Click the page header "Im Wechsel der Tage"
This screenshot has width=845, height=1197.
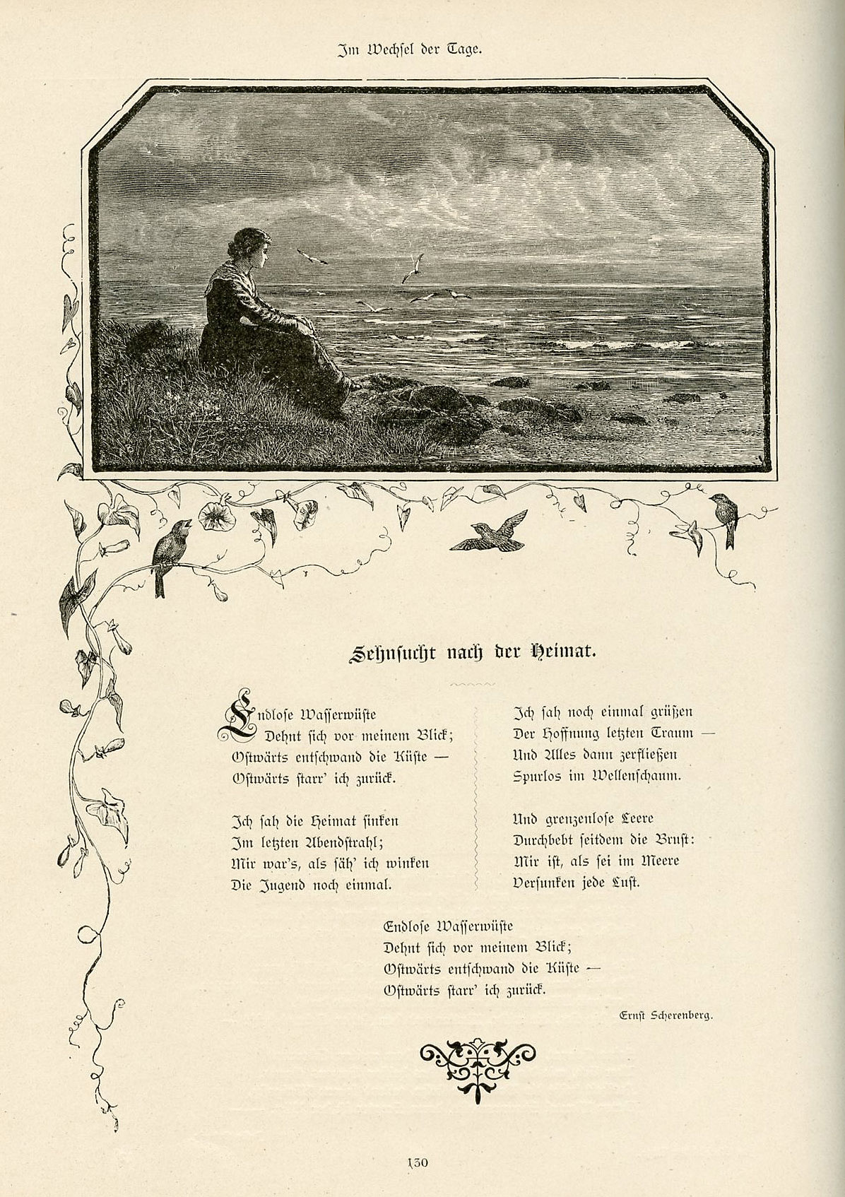409,50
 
